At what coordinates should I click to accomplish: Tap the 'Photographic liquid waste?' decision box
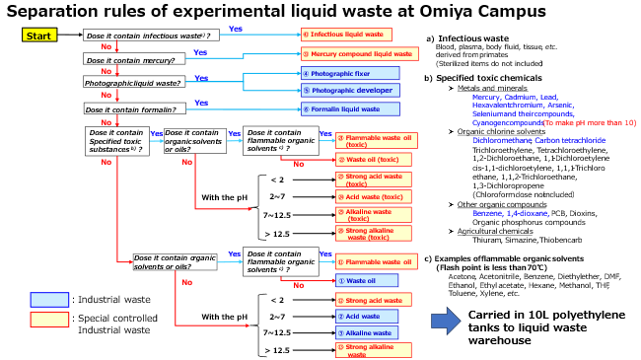[x=133, y=85]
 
